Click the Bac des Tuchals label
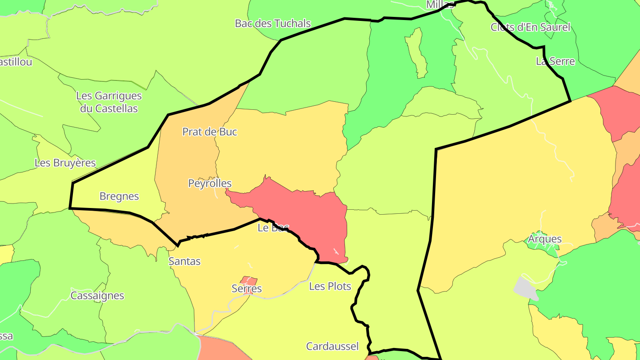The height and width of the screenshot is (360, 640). pyautogui.click(x=272, y=24)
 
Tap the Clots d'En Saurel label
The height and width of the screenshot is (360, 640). pyautogui.click(x=530, y=28)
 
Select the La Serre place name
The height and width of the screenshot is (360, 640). pyautogui.click(x=555, y=61)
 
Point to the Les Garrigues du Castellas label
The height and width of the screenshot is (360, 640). pyautogui.click(x=109, y=102)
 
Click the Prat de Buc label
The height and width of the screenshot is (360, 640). pyautogui.click(x=210, y=132)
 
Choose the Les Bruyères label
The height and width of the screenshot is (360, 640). pyautogui.click(x=65, y=163)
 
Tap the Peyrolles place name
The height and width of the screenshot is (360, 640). pyautogui.click(x=210, y=184)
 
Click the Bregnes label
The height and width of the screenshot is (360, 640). pyautogui.click(x=119, y=196)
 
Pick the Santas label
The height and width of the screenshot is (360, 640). pyautogui.click(x=184, y=261)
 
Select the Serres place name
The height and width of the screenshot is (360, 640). pyautogui.click(x=247, y=289)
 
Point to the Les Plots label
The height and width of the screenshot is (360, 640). pyautogui.click(x=330, y=286)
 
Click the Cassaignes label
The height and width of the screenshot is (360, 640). pyautogui.click(x=97, y=296)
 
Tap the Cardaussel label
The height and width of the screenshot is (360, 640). pyautogui.click(x=332, y=346)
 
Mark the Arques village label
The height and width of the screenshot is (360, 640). pyautogui.click(x=545, y=239)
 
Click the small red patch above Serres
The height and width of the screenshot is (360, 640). pyautogui.click(x=249, y=281)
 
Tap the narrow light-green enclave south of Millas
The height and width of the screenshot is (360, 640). pyautogui.click(x=417, y=52)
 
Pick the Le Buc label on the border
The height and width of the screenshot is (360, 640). pyautogui.click(x=273, y=228)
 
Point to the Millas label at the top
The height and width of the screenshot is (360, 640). pyautogui.click(x=440, y=4)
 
